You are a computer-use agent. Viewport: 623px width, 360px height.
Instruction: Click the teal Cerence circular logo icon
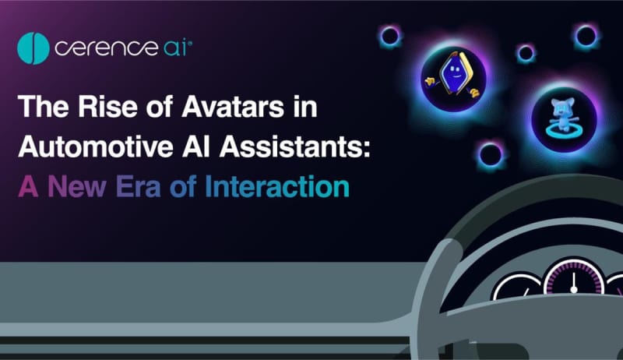click(x=33, y=48)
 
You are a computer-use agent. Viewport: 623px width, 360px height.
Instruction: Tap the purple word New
click(x=77, y=186)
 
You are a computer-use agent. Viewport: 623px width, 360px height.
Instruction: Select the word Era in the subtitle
click(x=139, y=186)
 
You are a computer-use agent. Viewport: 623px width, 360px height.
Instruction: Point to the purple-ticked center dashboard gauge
click(x=574, y=277)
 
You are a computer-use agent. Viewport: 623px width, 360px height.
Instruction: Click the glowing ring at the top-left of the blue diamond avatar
click(x=390, y=37)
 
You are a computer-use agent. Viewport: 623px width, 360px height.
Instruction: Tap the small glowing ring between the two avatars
click(x=526, y=53)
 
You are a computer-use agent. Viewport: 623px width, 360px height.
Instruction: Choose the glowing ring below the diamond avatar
click(x=491, y=155)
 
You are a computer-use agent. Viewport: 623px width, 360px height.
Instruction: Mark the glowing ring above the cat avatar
click(x=586, y=36)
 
